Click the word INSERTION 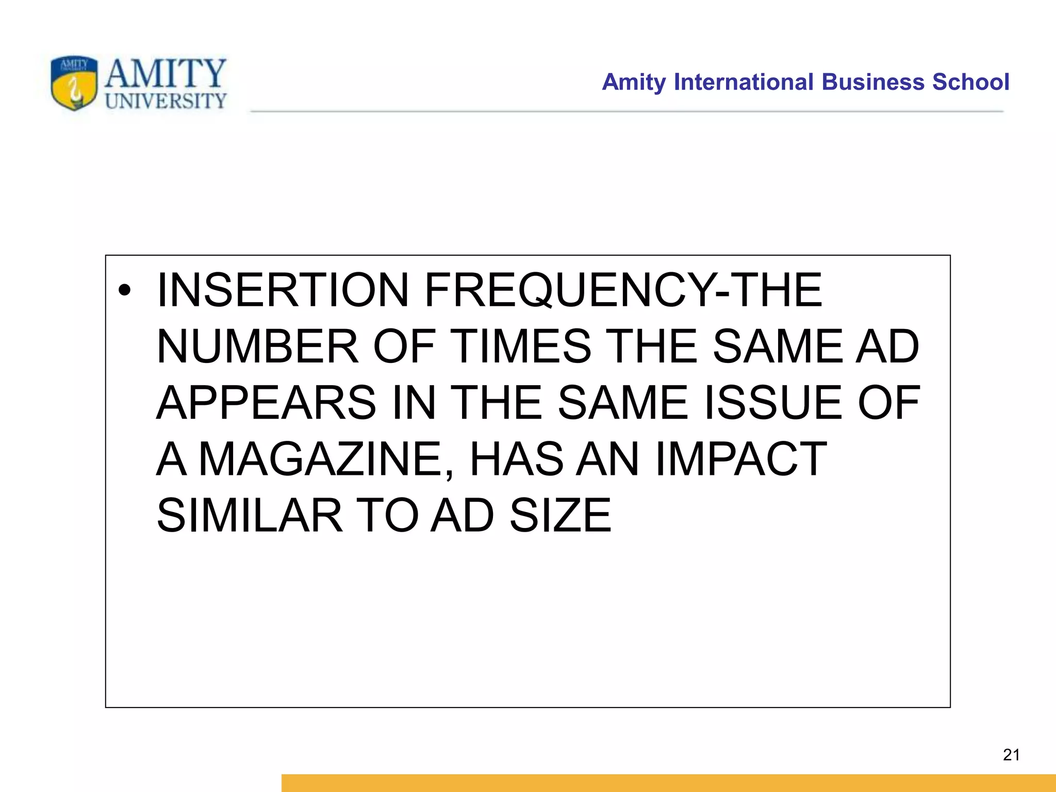pos(283,290)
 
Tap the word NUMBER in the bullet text pos(257,346)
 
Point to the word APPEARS pos(266,403)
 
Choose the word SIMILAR pos(250,515)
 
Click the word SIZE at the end pos(560,515)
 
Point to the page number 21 pos(1011,755)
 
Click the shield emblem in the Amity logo pos(74,83)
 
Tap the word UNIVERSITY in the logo pos(166,101)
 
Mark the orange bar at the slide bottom pos(668,783)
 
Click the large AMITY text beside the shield pos(166,73)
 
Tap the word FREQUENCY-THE pos(623,290)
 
